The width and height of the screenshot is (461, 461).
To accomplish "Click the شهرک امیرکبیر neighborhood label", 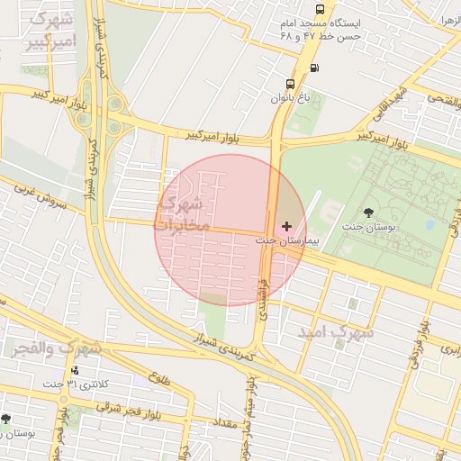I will point(50,31).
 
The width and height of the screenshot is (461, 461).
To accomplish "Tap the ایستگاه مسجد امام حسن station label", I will point(321,29).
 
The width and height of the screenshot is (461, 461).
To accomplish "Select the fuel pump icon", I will point(313,68).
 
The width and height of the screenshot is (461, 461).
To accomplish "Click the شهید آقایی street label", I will point(391,103).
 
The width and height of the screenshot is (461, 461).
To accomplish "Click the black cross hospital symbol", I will point(286,225).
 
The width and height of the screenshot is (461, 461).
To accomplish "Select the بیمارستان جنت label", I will point(283,240).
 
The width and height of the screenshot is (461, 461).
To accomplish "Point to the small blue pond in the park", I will point(430,224).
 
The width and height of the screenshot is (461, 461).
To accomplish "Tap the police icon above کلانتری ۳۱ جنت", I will point(74,370).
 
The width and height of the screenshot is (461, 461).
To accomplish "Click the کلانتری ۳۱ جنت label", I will point(74,384).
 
